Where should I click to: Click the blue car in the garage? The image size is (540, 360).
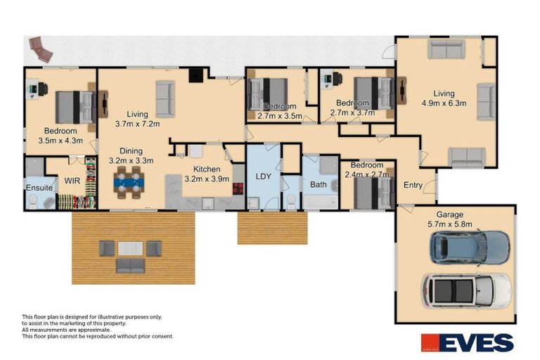[x=470, y=246]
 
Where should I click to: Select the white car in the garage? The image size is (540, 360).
[x=465, y=290]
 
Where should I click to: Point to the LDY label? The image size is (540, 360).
[x=263, y=176]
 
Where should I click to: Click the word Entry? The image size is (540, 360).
[x=413, y=185]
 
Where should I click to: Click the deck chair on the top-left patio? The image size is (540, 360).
[x=40, y=49]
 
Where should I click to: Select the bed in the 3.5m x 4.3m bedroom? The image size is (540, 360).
[x=75, y=107]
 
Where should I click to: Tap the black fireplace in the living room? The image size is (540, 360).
[x=197, y=75]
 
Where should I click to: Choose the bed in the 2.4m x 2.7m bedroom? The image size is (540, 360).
[x=373, y=193]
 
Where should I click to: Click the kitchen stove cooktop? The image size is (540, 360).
[x=238, y=188]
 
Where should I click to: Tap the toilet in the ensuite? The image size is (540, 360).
[x=32, y=202]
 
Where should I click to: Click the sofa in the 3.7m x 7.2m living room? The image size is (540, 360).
[x=165, y=98]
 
